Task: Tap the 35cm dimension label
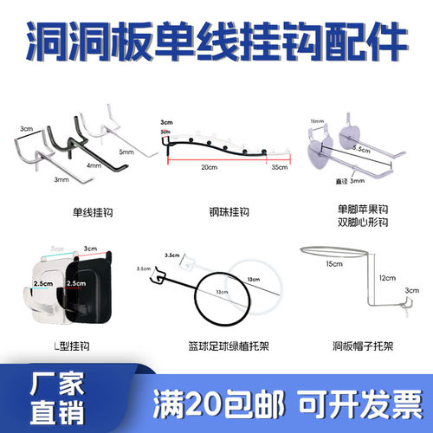(x=278, y=166)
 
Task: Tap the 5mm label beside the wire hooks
(x=126, y=152)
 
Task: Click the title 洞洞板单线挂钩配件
(x=216, y=42)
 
